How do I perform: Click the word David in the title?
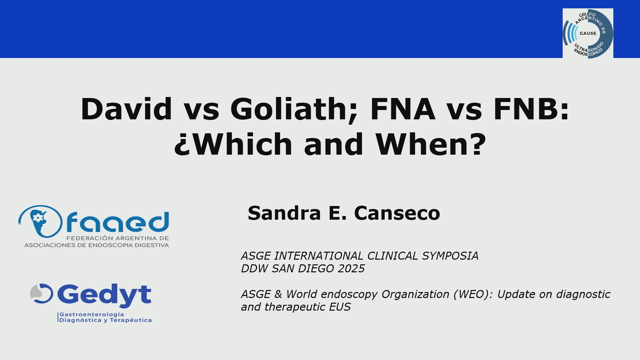coord(126,109)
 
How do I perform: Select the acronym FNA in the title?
coord(403,109)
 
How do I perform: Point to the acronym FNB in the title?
coord(526,109)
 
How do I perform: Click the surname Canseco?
coord(397,213)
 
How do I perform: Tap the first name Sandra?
coord(284,213)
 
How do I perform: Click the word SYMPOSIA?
coord(450,256)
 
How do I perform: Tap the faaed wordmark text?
coord(118,222)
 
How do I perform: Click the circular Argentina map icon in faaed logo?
coord(40,221)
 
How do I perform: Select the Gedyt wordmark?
coord(104,295)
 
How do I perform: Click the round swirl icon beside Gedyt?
coord(42,293)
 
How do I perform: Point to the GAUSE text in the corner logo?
coord(588,33)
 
